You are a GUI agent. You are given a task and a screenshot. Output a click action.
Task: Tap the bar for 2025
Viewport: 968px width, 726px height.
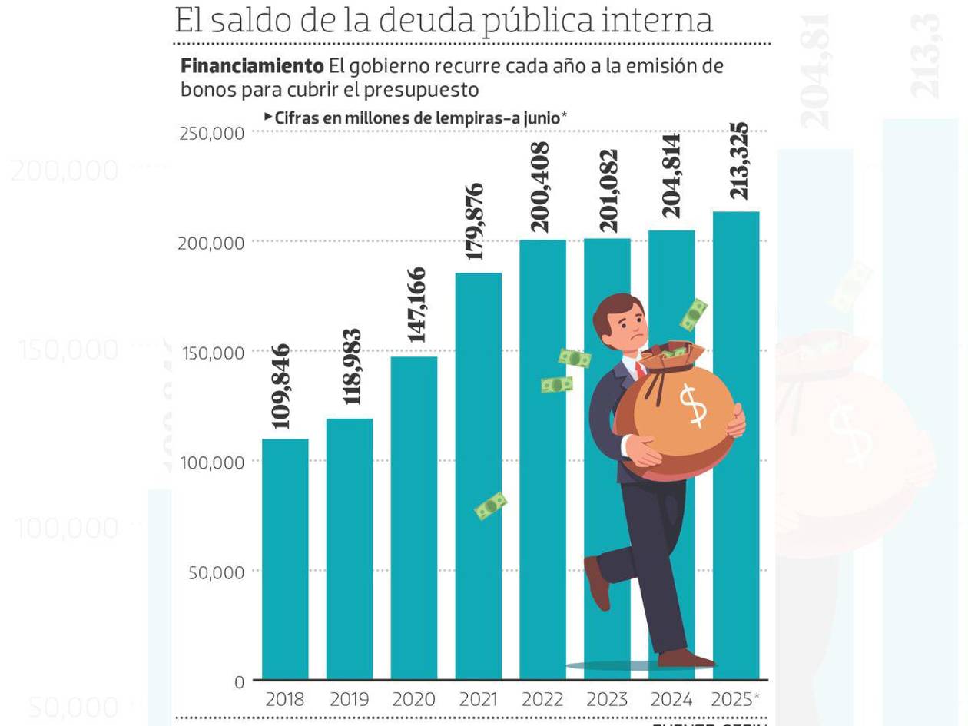point(736,445)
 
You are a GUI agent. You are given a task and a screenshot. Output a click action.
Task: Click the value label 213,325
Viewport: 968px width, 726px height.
point(738,161)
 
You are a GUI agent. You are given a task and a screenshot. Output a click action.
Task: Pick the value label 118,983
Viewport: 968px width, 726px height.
point(352,366)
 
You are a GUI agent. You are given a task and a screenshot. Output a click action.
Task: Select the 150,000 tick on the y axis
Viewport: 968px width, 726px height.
point(213,353)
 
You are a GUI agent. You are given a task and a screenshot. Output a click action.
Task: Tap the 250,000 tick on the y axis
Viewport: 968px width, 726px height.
point(212,133)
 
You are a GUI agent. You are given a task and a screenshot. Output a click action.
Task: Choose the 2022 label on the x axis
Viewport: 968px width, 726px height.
point(542,700)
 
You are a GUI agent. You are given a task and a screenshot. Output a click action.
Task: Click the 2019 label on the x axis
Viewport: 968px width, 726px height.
point(350,700)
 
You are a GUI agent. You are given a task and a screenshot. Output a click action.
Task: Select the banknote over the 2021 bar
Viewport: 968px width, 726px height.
point(490,506)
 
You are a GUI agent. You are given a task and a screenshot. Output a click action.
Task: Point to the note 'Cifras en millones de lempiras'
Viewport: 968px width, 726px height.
point(416,118)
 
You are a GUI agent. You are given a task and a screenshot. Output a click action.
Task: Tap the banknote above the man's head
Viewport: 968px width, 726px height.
point(694,314)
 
